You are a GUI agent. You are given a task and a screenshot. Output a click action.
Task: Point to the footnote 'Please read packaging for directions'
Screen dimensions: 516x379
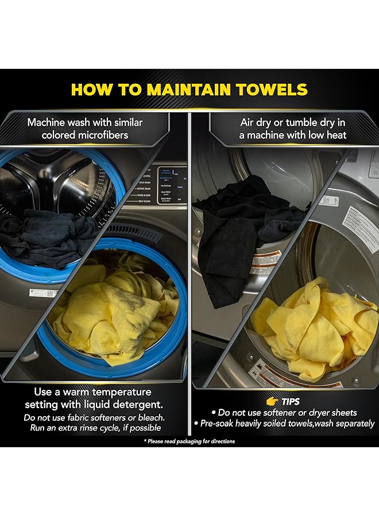pyautogui.click(x=189, y=441)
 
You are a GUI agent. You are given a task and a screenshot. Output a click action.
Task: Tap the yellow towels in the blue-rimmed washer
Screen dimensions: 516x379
pyautogui.click(x=115, y=310)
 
